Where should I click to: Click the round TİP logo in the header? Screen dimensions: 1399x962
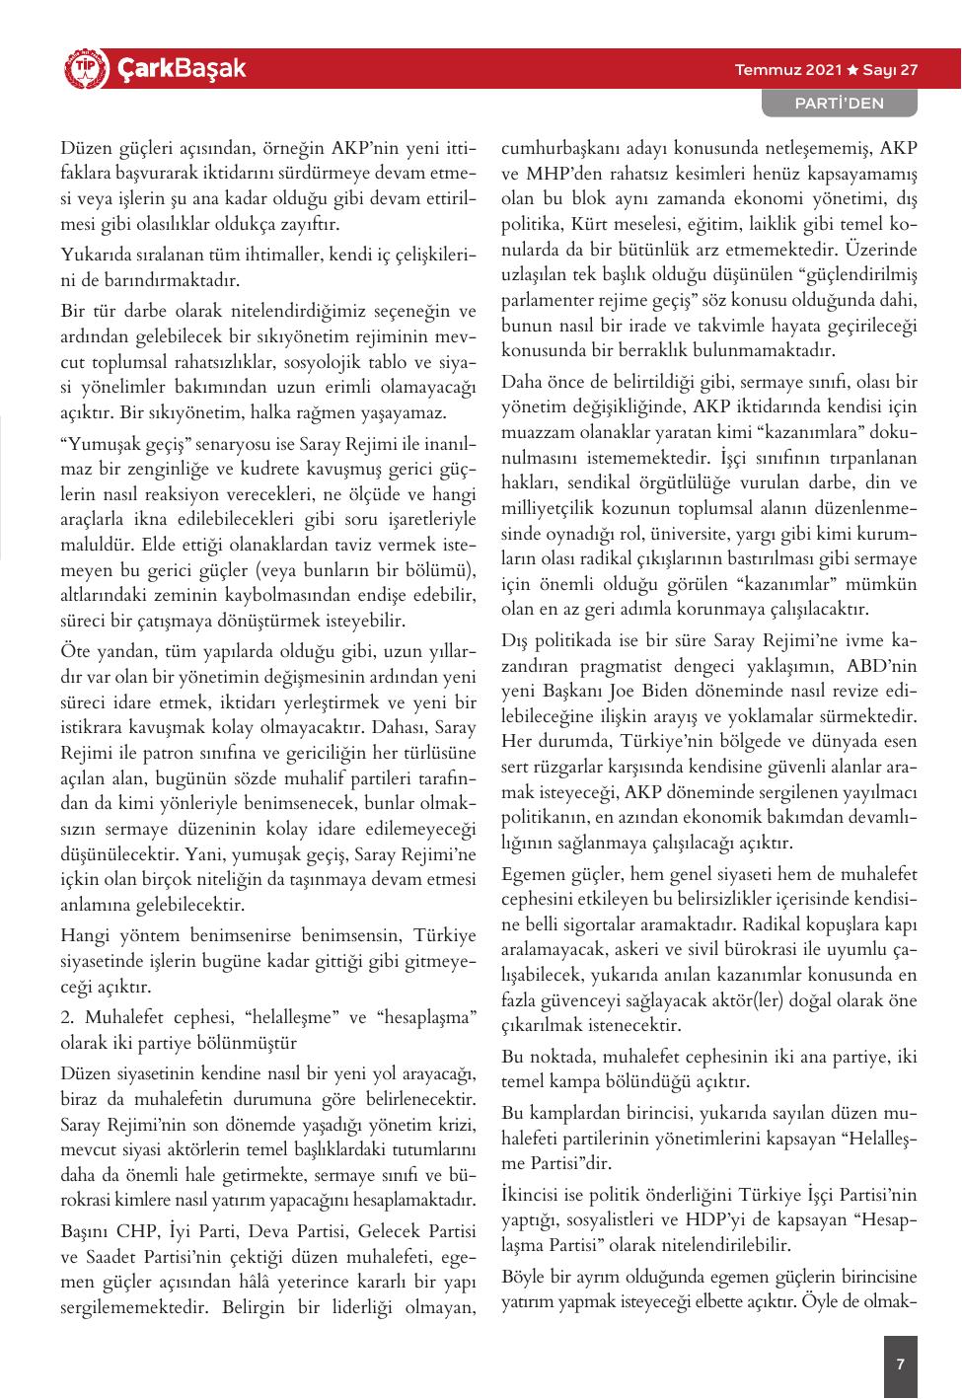(83, 70)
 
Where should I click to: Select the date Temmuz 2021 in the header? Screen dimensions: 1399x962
(788, 70)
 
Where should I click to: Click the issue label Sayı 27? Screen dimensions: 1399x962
(891, 70)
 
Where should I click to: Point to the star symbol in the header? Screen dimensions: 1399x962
(852, 70)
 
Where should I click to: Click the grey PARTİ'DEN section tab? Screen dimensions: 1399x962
(840, 103)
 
